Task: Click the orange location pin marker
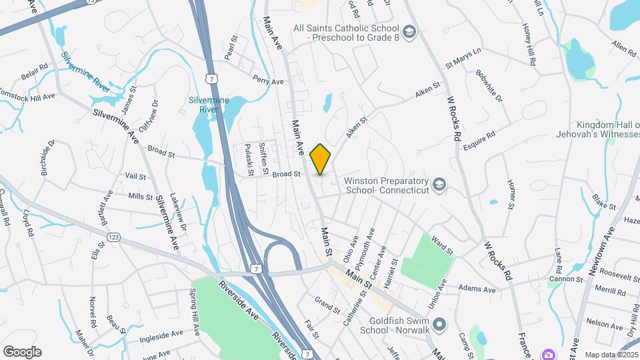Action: point(321,159)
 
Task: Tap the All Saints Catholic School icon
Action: point(409,31)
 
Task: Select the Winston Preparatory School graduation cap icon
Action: point(439,184)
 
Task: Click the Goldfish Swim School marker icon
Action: point(439,325)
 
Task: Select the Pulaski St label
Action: point(249,160)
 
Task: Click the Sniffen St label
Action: point(263,159)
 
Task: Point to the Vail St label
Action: point(135,177)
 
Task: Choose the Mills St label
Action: point(140,197)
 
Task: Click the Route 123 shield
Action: point(113,237)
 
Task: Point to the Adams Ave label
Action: point(480,290)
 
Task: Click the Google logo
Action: point(22,352)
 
